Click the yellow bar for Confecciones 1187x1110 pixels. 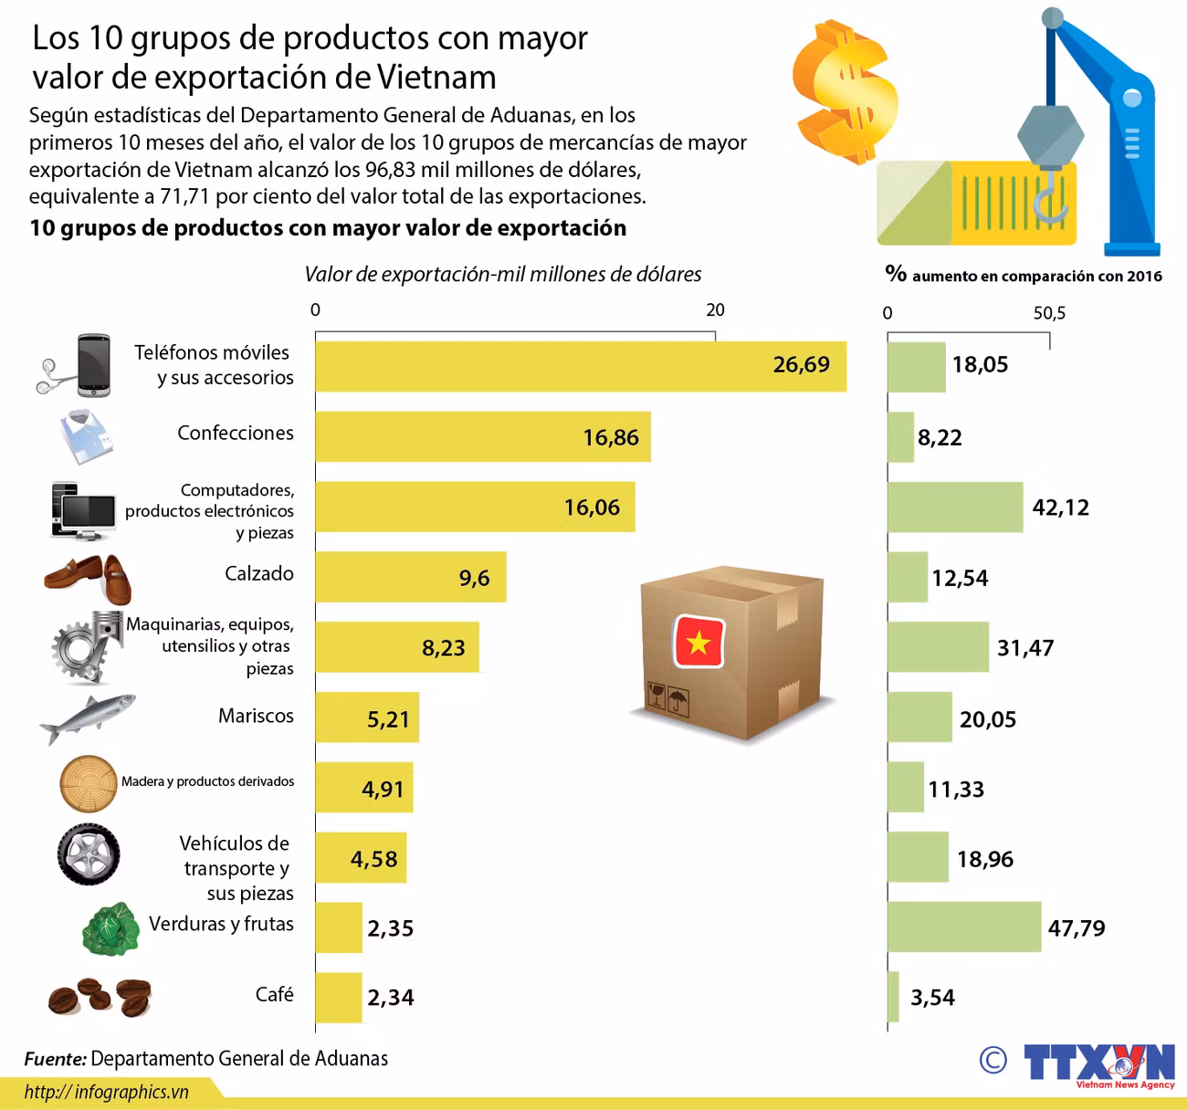482,437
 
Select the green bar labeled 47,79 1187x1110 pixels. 963,927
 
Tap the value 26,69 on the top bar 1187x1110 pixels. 801,365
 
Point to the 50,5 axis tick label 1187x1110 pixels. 1049,313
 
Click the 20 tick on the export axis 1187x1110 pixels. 715,310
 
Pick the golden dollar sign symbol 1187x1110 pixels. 844,92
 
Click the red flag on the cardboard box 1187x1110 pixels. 699,642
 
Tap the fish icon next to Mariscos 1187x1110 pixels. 87,717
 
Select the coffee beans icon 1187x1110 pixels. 100,996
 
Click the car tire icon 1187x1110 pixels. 89,854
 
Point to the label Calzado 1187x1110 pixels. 259,574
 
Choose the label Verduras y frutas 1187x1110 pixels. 221,924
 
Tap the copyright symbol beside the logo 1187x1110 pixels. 993,1060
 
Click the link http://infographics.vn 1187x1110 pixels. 106,1092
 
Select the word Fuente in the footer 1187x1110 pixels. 55,1059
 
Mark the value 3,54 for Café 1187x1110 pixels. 932,998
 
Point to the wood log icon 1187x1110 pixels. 89,783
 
